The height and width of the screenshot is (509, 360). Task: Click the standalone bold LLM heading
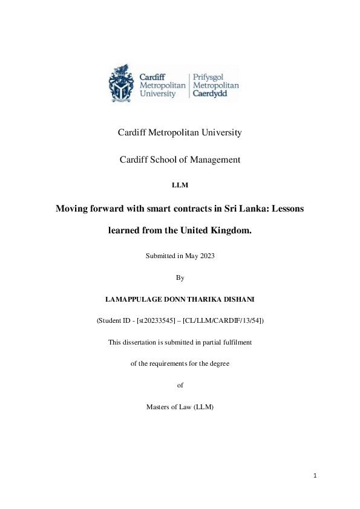[180, 185]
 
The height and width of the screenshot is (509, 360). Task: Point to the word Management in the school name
[213, 160]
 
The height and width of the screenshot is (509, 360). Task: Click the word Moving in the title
[73, 209]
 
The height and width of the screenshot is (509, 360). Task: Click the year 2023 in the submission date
[206, 256]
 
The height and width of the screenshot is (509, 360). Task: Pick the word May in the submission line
[189, 256]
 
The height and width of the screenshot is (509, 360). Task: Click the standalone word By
[180, 277]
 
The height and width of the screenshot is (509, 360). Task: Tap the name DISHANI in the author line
[239, 299]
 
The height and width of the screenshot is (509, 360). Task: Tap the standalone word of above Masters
[180, 385]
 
